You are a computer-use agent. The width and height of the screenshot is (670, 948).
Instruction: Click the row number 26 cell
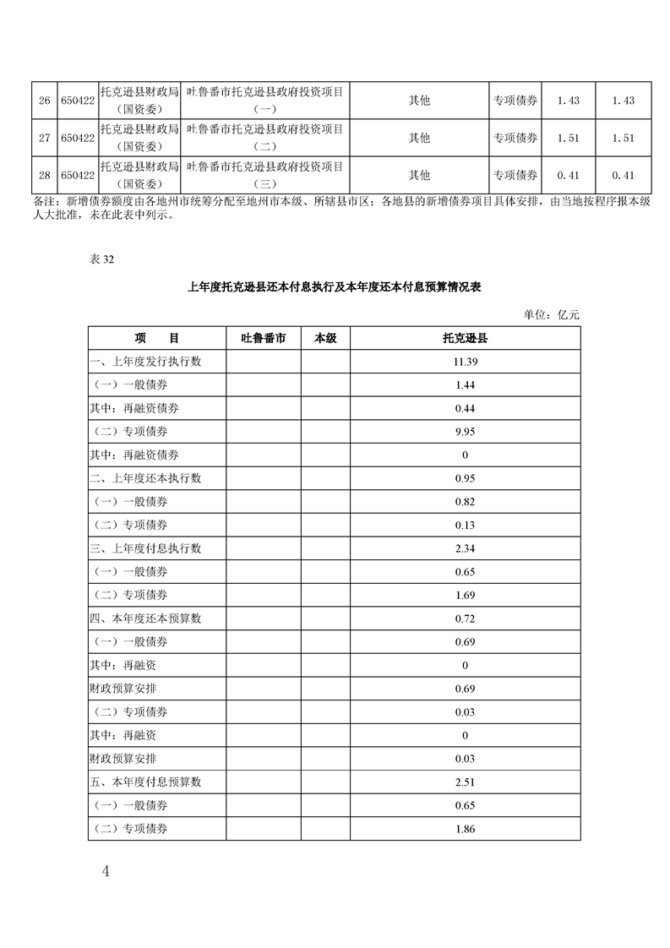tap(44, 101)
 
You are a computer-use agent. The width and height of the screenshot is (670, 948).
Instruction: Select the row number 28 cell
tap(44, 176)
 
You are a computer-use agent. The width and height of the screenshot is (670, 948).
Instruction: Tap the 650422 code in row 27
tap(77, 139)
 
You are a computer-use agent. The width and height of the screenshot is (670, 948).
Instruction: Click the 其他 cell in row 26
tap(419, 101)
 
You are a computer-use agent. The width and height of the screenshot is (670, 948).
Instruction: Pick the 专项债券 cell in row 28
tap(515, 176)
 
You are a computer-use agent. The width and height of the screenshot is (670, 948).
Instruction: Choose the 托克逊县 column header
tap(465, 339)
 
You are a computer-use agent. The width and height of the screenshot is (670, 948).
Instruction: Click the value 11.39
tap(465, 362)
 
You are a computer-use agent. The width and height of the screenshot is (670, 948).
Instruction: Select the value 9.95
tap(465, 432)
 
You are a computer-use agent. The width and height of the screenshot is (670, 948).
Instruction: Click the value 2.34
tap(465, 548)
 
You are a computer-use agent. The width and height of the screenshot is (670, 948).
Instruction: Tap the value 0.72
tap(465, 618)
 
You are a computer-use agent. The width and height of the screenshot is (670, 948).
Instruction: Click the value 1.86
tap(465, 829)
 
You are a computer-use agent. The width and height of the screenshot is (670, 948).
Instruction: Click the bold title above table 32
tap(334, 287)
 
